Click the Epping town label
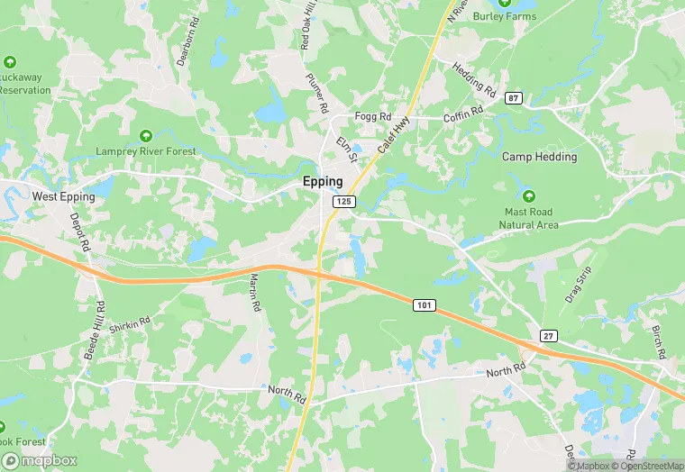[323, 181]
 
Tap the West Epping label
[63, 195]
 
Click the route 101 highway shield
[425, 306]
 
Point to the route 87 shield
[514, 97]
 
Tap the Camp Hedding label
[539, 157]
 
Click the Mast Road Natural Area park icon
[528, 196]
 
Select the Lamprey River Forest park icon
[145, 136]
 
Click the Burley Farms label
[505, 16]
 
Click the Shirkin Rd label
[129, 326]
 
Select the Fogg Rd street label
[372, 117]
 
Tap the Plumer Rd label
[316, 93]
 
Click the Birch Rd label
[658, 340]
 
